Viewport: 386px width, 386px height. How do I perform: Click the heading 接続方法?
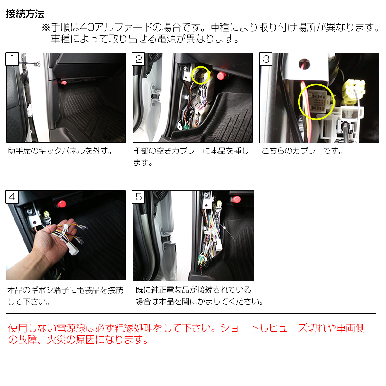coord(25,14)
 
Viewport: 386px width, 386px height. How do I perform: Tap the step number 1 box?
coord(12,59)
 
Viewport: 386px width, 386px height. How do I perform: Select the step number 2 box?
coord(138,59)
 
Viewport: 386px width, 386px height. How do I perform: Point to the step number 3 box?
coord(266,59)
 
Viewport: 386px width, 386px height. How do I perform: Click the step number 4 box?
coord(12,197)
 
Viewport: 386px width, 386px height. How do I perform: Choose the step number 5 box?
coord(138,197)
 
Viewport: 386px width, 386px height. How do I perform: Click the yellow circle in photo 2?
coord(201,75)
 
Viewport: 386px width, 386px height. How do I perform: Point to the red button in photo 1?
coord(64,83)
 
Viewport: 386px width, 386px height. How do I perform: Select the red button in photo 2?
coord(221,76)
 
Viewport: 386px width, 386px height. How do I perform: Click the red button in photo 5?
coord(236,199)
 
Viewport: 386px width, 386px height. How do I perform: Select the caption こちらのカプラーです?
coord(302,151)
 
